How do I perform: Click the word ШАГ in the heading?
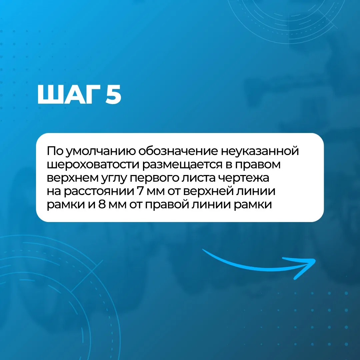(69, 94)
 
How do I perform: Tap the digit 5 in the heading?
(113, 95)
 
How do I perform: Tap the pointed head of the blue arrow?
(315, 260)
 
